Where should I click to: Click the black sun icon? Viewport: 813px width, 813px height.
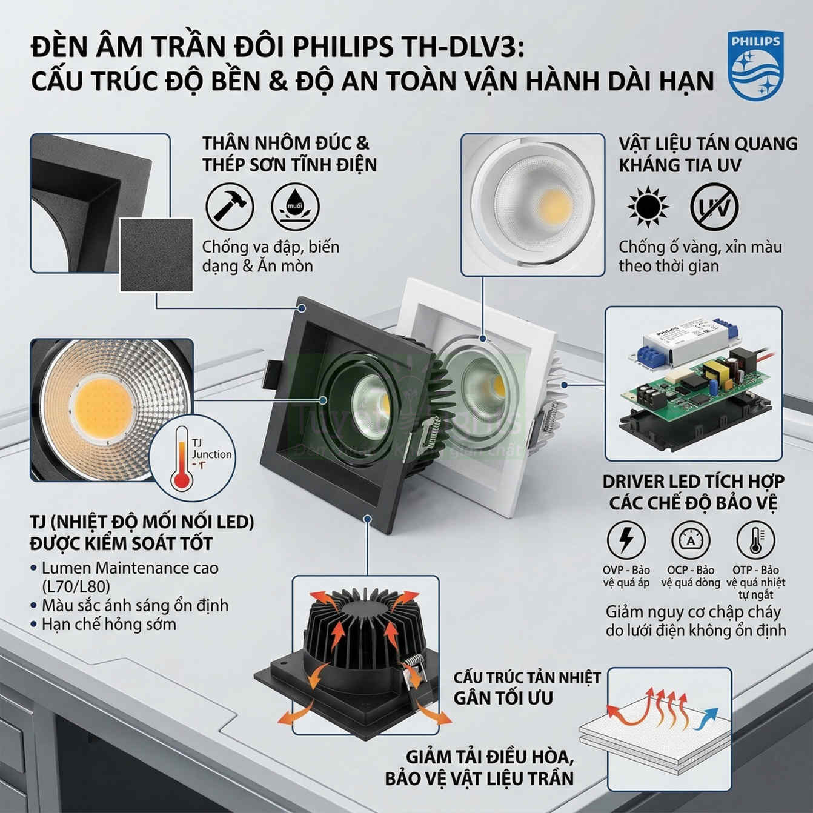click(648, 207)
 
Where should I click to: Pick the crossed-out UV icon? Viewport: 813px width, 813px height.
click(715, 207)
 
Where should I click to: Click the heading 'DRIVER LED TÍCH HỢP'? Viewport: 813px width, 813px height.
click(693, 482)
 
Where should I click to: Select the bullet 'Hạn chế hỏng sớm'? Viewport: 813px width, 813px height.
click(108, 624)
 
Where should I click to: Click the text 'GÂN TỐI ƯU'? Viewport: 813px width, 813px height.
click(503, 697)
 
